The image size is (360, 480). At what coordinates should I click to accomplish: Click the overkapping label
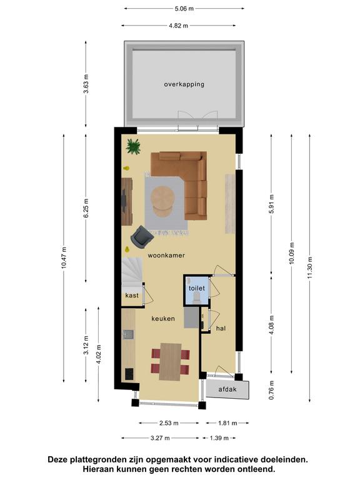[x=184, y=84]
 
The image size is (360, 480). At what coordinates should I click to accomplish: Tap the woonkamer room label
[x=166, y=255]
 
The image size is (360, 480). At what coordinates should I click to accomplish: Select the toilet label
[x=196, y=288]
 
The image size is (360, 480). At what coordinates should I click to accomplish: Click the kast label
[x=132, y=296]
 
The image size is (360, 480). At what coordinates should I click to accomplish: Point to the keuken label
[x=163, y=319]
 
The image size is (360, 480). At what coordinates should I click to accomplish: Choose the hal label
[x=221, y=328]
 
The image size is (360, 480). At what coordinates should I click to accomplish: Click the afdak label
[x=227, y=389]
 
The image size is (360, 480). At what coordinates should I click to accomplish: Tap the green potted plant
[x=134, y=146]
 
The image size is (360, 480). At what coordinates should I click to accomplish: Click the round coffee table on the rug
[x=163, y=201]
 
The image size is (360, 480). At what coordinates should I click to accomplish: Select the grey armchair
[x=141, y=237]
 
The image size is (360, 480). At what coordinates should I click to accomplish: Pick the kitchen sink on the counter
[x=128, y=334]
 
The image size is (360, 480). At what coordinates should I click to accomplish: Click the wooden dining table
[x=170, y=362]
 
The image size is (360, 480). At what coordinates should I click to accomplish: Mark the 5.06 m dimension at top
[x=184, y=9]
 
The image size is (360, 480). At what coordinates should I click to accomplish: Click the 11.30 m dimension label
[x=310, y=267]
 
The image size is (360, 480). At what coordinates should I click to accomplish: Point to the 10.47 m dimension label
[x=64, y=257]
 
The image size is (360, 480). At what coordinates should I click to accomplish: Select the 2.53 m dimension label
[x=169, y=423]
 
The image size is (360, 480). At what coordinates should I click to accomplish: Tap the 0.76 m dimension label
[x=271, y=390]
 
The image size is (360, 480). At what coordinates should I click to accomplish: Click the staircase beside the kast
[x=132, y=272]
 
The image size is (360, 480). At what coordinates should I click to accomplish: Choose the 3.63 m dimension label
[x=86, y=84]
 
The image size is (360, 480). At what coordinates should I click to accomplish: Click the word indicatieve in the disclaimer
[x=238, y=459]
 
